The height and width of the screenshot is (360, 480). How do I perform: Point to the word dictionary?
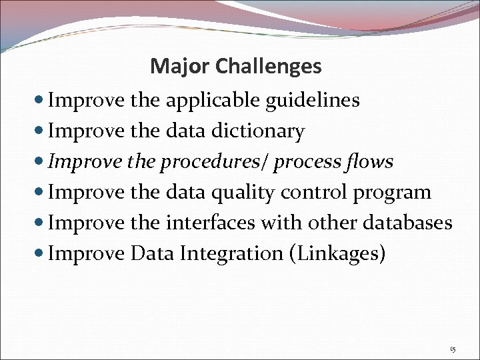click(257, 131)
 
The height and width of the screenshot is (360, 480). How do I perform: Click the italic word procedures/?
click(214, 162)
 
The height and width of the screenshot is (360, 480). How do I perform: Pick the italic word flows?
click(370, 162)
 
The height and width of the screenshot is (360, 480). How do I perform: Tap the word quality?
click(245, 193)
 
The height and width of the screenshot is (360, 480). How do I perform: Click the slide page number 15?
click(453, 349)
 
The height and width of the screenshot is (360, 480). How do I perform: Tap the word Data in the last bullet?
click(154, 253)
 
